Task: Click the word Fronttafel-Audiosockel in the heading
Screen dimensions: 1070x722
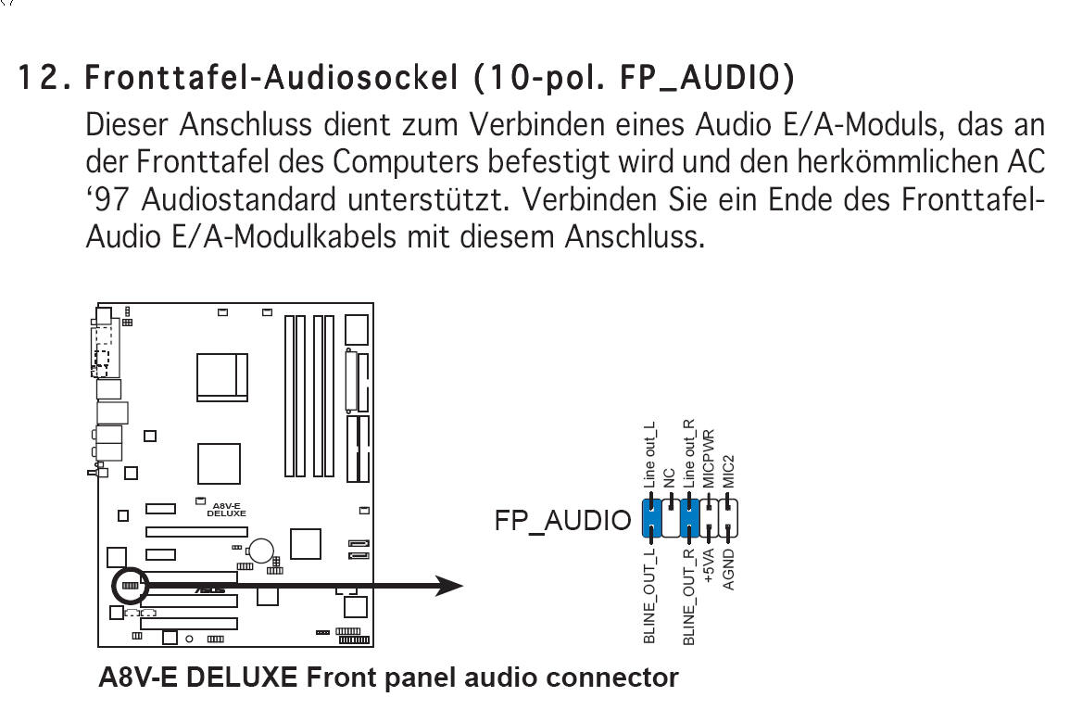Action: point(271,77)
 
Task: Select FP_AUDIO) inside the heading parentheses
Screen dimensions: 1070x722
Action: point(707,78)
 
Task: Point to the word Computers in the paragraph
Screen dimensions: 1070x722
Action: point(406,162)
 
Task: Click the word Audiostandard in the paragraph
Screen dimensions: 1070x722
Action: point(239,200)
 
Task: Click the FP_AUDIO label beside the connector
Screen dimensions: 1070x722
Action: point(563,521)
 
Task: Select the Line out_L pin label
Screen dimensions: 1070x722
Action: point(649,455)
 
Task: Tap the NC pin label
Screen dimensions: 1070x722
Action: point(669,478)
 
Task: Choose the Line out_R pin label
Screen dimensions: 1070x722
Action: point(688,454)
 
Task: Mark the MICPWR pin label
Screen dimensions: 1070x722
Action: point(709,459)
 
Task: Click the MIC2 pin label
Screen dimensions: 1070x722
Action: point(729,472)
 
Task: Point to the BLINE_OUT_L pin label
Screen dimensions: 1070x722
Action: point(649,596)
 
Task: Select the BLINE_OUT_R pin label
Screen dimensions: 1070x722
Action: point(688,597)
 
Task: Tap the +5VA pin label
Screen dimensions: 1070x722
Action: point(709,566)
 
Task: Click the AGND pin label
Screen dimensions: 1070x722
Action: point(729,569)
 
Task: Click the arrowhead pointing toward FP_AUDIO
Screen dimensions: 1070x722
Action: point(449,586)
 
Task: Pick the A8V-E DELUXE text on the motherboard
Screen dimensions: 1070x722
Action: point(226,510)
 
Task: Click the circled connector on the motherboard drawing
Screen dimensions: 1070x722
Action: point(130,586)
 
